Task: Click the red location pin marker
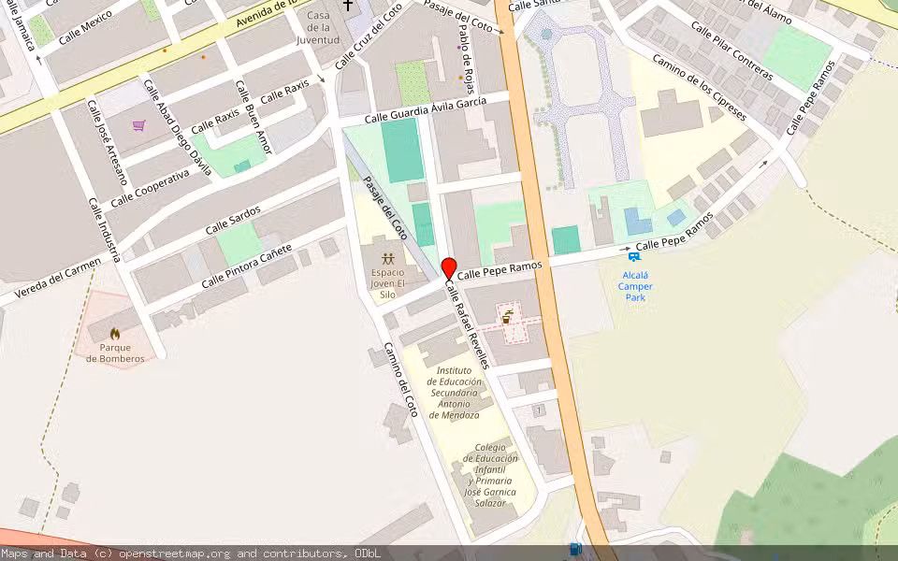tap(449, 268)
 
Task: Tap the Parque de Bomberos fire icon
tap(115, 334)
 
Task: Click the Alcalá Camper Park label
tap(636, 286)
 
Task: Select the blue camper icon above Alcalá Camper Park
tap(635, 255)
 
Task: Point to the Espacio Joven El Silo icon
tap(387, 257)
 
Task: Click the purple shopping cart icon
tap(139, 125)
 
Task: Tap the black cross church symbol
tap(349, 6)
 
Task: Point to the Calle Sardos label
tap(233, 223)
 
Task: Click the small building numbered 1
tap(539, 410)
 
